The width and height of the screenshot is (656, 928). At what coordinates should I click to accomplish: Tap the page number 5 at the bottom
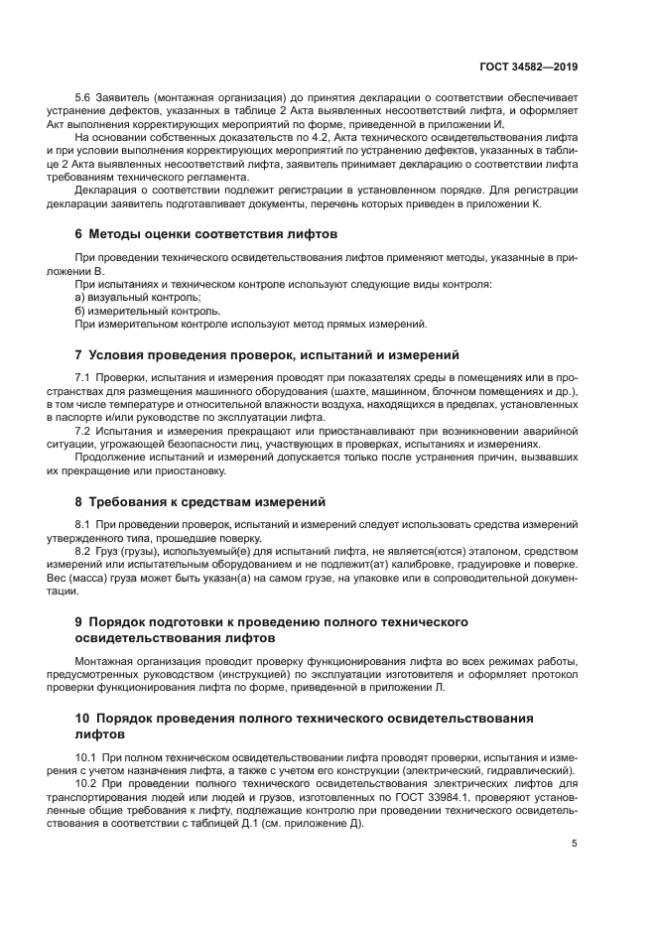[575, 845]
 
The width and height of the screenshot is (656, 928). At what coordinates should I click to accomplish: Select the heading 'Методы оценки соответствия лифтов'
[212, 234]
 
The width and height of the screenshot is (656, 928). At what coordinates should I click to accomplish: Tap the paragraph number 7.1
[83, 380]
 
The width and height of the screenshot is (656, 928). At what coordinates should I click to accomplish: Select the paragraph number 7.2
[83, 432]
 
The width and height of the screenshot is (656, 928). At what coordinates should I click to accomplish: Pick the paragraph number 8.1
[83, 523]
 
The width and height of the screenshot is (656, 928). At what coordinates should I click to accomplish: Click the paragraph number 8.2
[83, 549]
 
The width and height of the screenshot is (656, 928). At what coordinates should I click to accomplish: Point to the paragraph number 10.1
[86, 758]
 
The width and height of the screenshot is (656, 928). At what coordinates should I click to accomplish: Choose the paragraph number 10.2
[86, 784]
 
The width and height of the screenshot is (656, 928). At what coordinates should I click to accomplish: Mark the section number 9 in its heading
[79, 621]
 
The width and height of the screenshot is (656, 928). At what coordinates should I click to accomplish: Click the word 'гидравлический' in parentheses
[525, 771]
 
